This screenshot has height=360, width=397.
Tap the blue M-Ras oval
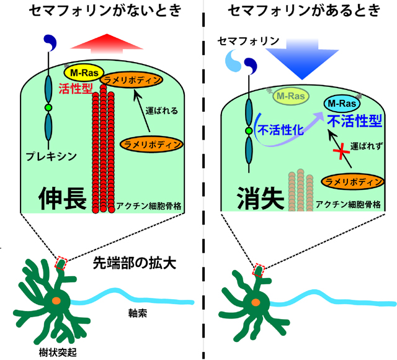[x=342, y=102]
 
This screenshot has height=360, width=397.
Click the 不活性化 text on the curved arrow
[x=279, y=131]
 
